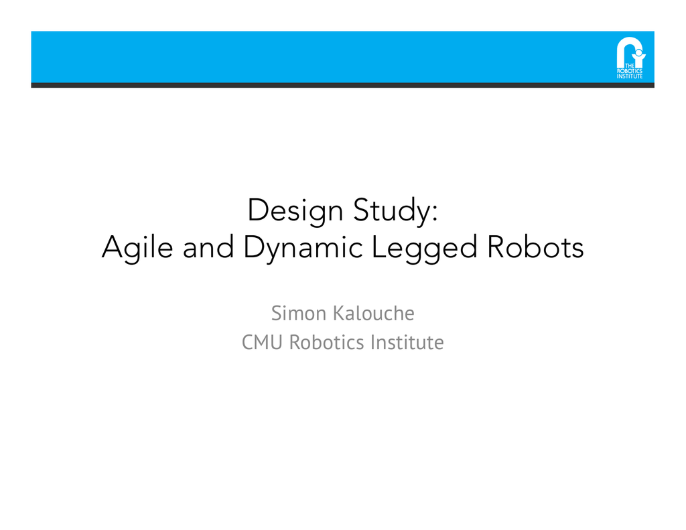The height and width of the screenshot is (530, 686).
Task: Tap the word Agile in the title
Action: coord(138,249)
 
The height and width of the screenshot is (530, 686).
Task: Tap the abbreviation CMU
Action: coord(262,342)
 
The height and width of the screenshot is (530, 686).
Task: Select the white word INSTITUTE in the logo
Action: coord(629,76)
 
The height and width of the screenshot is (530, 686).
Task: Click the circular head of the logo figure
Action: coord(638,52)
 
